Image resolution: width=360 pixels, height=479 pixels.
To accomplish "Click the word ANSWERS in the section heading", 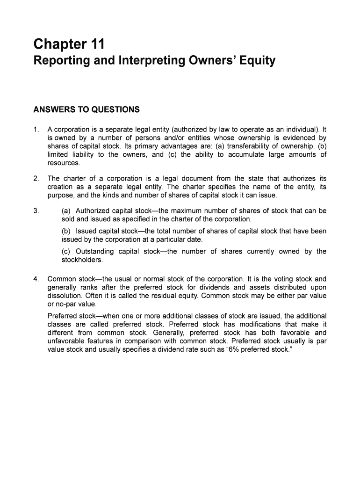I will click(55, 109).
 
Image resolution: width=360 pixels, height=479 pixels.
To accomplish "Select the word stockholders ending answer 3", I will click(81, 260).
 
